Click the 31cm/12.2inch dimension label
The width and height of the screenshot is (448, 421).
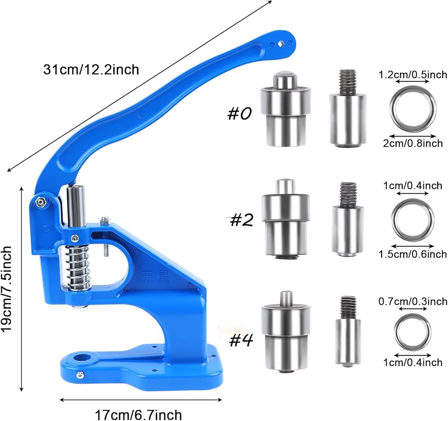[x=91, y=70]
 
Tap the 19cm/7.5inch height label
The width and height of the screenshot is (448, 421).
[x=6, y=289]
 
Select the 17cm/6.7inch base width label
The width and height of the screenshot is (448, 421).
[x=138, y=415]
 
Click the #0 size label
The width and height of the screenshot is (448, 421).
[x=239, y=113]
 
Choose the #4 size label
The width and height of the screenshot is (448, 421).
[x=242, y=340]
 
